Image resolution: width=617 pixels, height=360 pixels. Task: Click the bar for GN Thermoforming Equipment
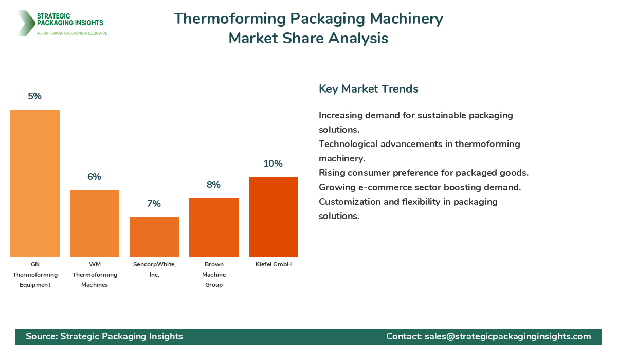[35, 183]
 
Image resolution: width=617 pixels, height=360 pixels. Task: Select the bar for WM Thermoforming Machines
[95, 224]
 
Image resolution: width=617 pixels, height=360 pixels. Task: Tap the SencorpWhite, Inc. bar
[154, 237]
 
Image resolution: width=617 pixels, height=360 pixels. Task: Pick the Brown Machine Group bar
[214, 227]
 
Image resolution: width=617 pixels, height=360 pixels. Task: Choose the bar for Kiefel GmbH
[274, 217]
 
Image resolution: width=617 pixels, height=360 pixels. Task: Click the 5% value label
[35, 96]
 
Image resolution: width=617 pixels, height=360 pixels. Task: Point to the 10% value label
[273, 164]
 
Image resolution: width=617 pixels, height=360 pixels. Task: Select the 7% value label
[154, 204]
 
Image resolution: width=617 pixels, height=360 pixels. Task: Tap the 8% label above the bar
[213, 185]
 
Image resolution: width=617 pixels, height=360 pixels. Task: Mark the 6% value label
[94, 177]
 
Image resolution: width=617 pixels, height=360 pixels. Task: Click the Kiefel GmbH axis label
[274, 264]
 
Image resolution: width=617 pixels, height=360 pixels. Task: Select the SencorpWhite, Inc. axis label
[154, 269]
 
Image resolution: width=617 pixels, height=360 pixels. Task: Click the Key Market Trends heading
[368, 88]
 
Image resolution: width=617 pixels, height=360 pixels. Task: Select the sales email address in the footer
[507, 336]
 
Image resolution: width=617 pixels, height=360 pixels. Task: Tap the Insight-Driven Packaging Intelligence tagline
[72, 33]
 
